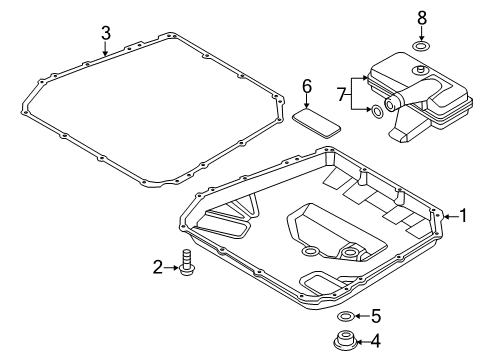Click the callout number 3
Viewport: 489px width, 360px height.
pos(106,33)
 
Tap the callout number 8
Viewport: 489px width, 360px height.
pos(422,18)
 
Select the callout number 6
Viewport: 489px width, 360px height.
pos(307,86)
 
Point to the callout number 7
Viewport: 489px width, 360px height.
pos(341,95)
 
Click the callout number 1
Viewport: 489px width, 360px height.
pos(463,216)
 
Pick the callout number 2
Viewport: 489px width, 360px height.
pos(158,267)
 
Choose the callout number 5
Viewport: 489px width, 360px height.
pos(376,316)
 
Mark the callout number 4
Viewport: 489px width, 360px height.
pos(375,341)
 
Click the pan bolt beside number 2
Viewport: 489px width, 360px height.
pos(187,263)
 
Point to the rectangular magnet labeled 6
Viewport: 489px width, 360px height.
pos(316,123)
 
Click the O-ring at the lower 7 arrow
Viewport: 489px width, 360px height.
pos(377,112)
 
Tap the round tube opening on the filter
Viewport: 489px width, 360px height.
pos(390,104)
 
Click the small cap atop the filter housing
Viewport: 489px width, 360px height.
pos(419,70)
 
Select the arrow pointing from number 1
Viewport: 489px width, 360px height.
pos(451,217)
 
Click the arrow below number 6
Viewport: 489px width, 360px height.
pos(307,101)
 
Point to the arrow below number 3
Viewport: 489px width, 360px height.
pos(105,49)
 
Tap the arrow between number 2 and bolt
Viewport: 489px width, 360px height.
pos(172,267)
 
